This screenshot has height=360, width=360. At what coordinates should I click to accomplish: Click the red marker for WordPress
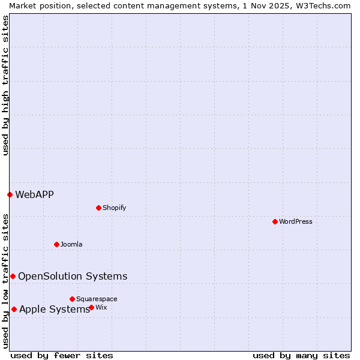pos(275,221)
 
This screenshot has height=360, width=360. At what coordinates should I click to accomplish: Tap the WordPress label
pos(296,221)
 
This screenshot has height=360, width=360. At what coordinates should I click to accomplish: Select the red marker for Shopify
pos(98,208)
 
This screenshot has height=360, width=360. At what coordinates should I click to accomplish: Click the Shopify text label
pos(114,208)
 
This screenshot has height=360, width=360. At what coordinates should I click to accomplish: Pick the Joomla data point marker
pos(56,244)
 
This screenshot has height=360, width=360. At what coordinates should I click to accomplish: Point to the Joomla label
pos(71,244)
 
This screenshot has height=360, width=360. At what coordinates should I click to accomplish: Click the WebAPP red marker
pos(10,194)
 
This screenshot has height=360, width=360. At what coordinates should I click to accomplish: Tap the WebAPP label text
pos(34,194)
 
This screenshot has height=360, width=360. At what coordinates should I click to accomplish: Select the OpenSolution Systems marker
pos(13,276)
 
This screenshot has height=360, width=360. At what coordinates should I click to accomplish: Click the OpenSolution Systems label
pos(73,276)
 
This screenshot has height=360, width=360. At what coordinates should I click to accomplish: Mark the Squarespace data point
pos(72,299)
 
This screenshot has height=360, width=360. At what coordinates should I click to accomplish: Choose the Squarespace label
pos(97,299)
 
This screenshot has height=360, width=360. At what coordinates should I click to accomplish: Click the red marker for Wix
pos(91,307)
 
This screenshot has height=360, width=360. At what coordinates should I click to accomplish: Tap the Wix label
pos(101,307)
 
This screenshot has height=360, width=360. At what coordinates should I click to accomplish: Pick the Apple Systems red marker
pos(14,309)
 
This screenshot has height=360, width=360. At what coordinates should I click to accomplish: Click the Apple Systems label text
pos(54,309)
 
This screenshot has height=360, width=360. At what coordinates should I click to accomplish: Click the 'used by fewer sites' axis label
pos(62,355)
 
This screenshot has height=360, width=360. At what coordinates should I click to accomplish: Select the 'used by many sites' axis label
pos(301,355)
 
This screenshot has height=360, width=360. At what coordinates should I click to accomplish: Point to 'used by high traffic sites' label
pos(5,85)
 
